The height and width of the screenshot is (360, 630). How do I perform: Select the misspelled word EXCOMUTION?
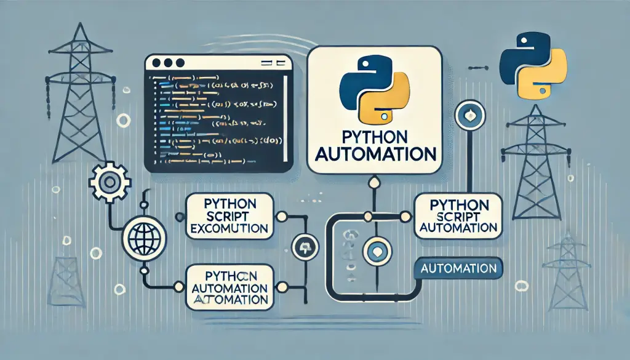click(x=229, y=228)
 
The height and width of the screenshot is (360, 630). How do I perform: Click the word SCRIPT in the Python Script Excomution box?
click(x=229, y=216)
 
